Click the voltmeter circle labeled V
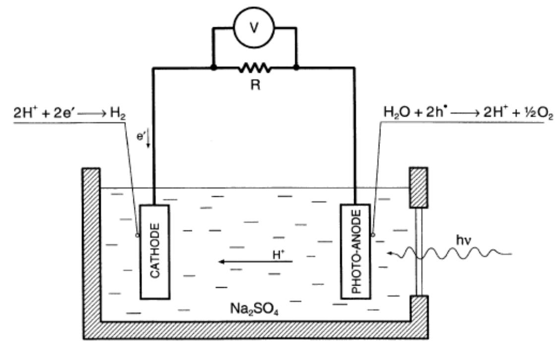pos(254,29)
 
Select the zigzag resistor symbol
pos(254,67)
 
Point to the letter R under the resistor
pos(254,85)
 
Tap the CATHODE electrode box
pos(155,251)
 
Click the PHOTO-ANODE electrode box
pos(356,251)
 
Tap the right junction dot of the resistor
pos(296,67)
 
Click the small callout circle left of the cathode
pos(137,235)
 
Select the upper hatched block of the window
pos(418,187)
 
